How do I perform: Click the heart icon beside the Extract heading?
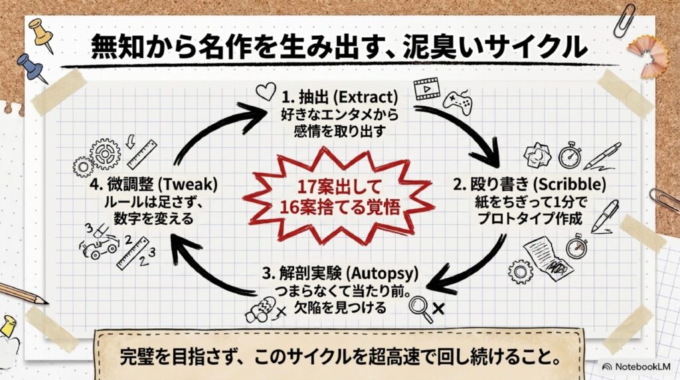tap(266, 92)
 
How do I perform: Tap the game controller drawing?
tap(458, 103)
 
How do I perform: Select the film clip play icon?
tap(426, 89)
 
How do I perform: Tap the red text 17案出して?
tap(339, 187)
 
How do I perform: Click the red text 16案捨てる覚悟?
tap(339, 207)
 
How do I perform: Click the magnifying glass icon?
tap(420, 308)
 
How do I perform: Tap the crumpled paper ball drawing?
tap(537, 154)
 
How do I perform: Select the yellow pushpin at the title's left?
tap(42, 34)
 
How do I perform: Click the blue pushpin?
tap(32, 68)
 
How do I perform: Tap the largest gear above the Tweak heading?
tap(105, 153)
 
